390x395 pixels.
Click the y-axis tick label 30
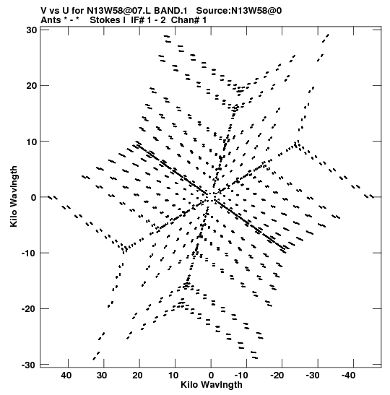pos(32,30)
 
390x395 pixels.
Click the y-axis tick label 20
pos(32,86)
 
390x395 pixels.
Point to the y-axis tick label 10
pos(32,142)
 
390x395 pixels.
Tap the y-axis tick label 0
pos(34,197)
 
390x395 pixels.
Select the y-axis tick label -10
pos(30,253)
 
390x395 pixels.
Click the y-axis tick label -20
pos(30,309)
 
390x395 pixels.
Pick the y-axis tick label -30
pos(30,365)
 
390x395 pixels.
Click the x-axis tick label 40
pos(66,376)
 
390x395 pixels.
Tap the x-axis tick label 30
pos(102,376)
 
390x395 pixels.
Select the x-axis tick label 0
pos(211,376)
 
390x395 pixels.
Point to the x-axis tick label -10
pos(241,376)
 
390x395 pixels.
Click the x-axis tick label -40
pos(348,376)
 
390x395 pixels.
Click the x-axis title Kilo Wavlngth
pos(212,385)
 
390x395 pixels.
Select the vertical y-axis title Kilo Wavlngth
pos(14,196)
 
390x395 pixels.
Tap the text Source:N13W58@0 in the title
pos(239,11)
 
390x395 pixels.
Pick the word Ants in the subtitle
pos(51,20)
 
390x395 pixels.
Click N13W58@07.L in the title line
pos(119,11)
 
